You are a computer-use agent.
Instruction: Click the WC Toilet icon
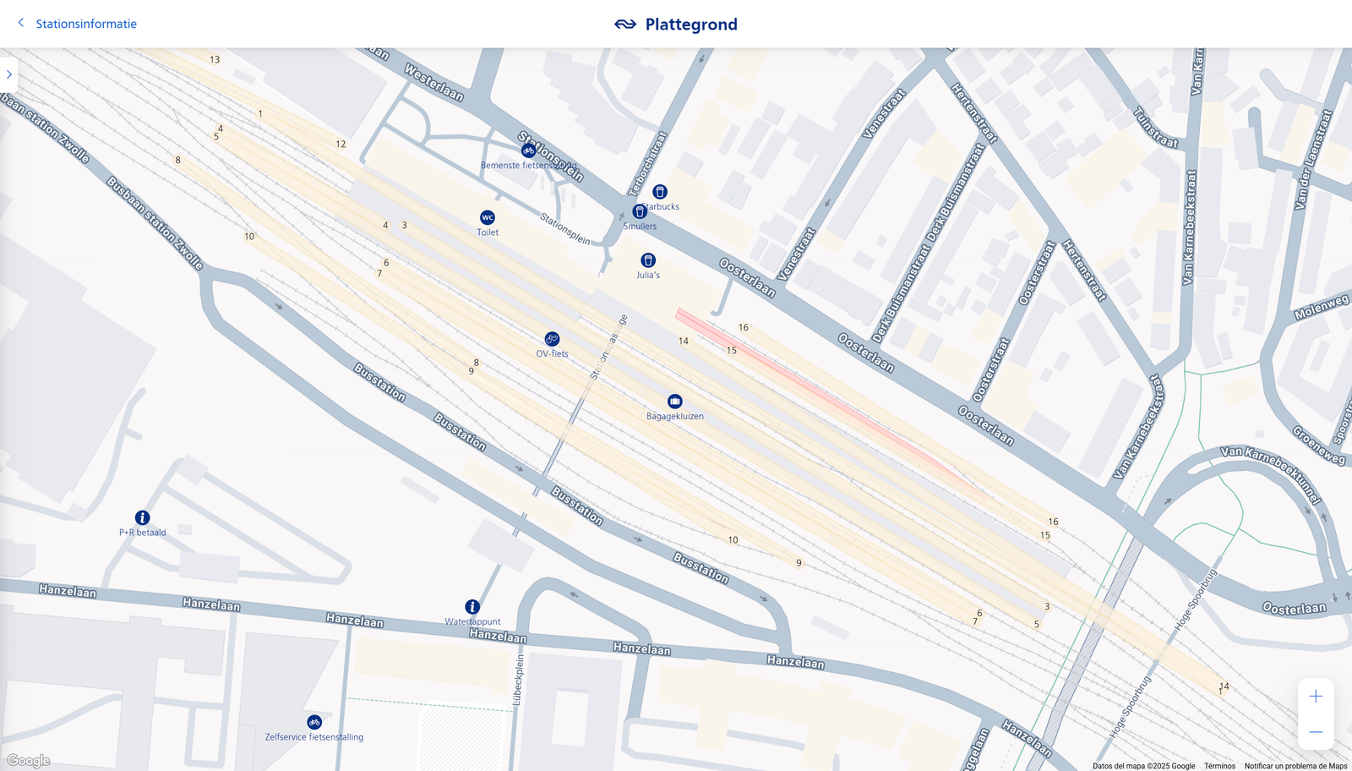pos(488,218)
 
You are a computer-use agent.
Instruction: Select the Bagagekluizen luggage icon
pos(674,402)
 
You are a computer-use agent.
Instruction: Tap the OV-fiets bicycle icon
pos(552,339)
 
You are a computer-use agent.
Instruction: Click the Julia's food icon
pos(648,260)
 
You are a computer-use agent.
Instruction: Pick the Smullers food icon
pos(640,212)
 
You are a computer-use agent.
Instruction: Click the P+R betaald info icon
pos(143,517)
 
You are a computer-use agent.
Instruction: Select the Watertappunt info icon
pos(472,607)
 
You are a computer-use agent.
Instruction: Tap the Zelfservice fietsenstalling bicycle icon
pos(314,722)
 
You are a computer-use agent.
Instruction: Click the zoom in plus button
pos(1316,697)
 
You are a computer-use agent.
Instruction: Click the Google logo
pos(29,761)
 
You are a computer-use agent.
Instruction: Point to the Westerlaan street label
pos(433,82)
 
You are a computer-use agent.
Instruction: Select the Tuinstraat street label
pos(1155,128)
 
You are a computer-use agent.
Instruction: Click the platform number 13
pos(215,60)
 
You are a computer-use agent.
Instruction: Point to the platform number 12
pos(341,145)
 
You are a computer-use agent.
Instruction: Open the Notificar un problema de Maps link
pos(1295,766)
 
